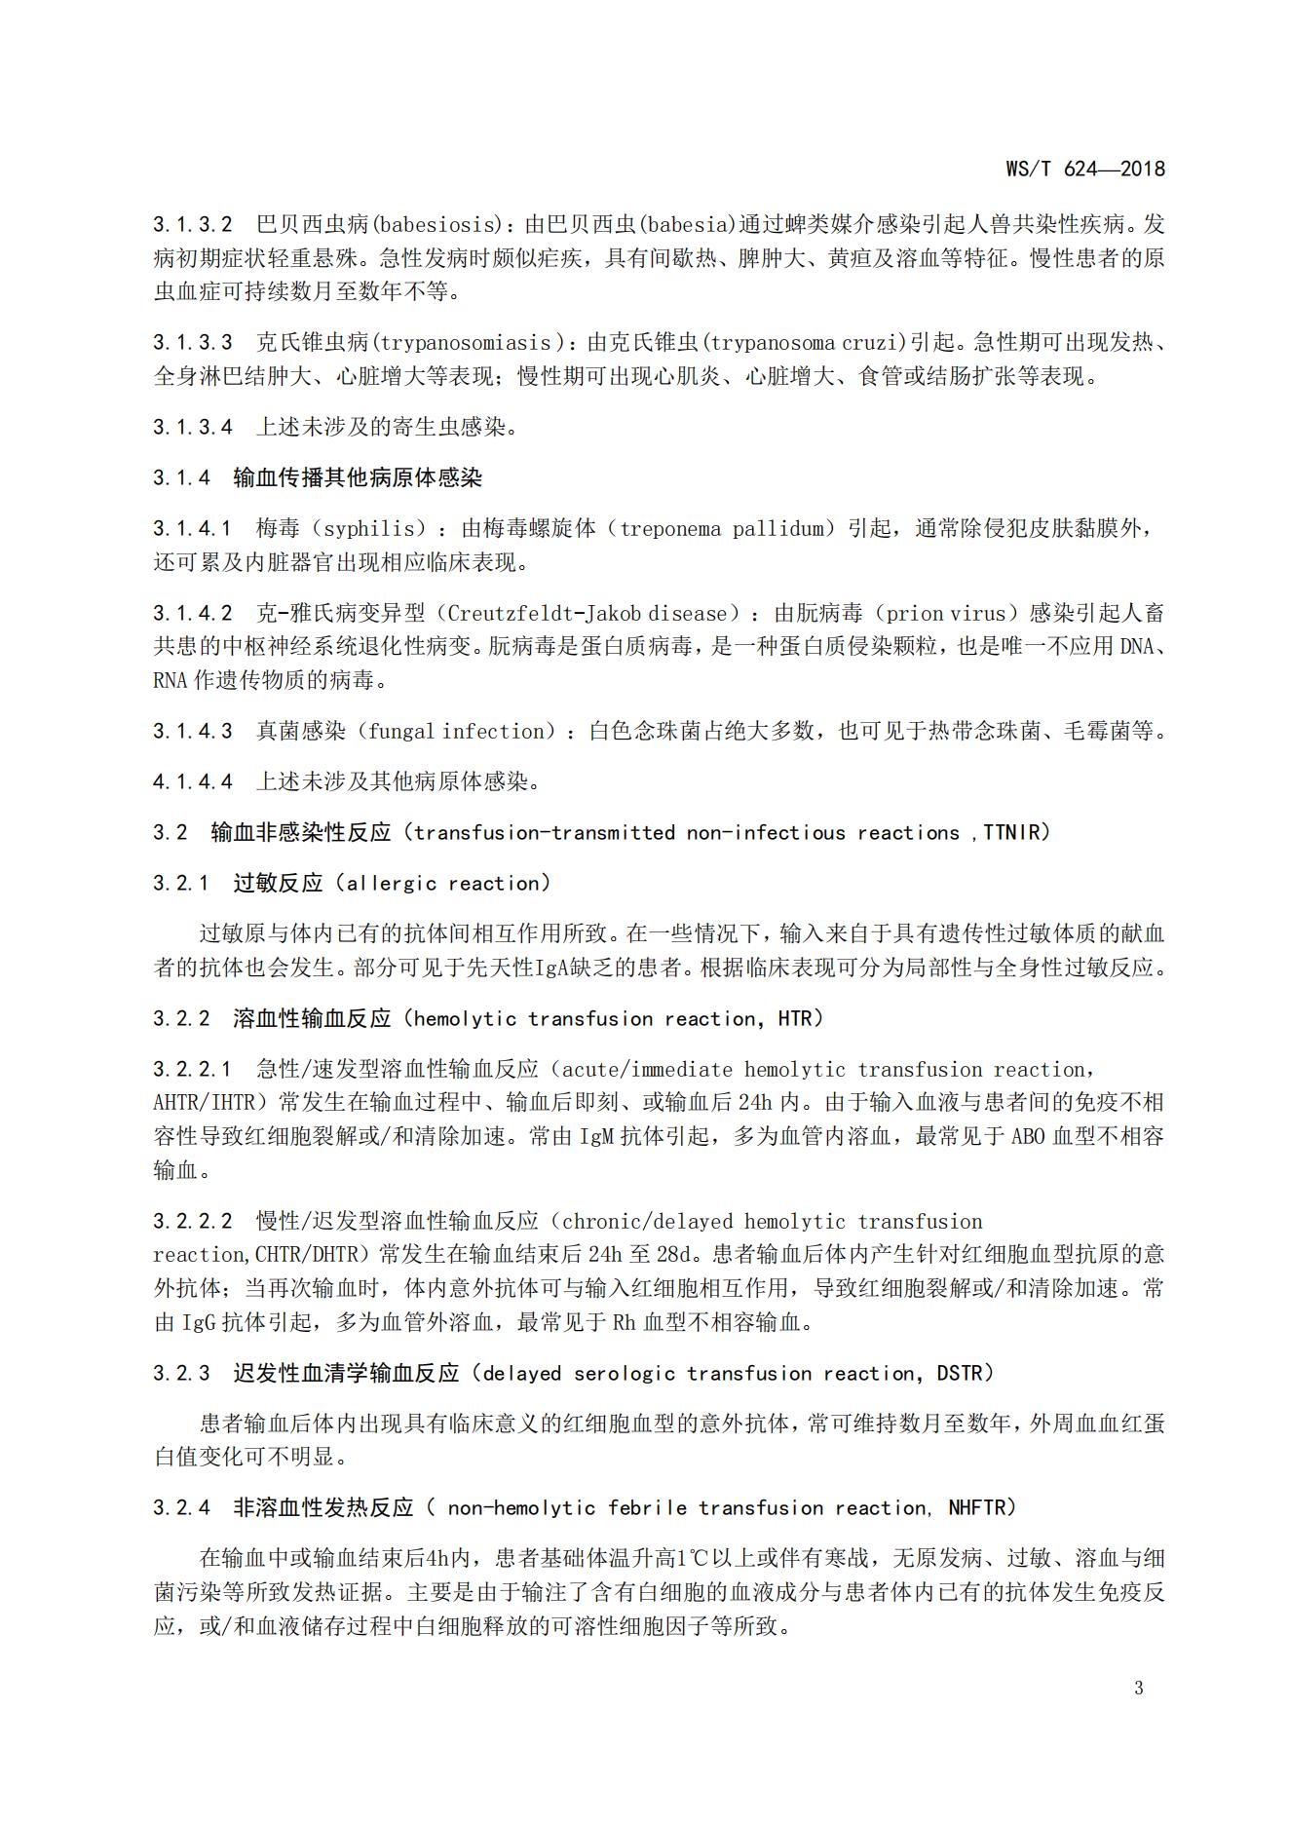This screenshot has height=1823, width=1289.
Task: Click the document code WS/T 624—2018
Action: pyautogui.click(x=1085, y=169)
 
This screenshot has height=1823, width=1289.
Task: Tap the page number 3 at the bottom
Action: pyautogui.click(x=1139, y=1689)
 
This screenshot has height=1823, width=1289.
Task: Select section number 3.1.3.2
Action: pyautogui.click(x=193, y=225)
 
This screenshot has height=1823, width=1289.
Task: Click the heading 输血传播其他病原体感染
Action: pyautogui.click(x=358, y=477)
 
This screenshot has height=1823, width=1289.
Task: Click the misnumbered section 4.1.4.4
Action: pyautogui.click(x=193, y=782)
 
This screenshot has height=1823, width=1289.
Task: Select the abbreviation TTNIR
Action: pyautogui.click(x=1014, y=833)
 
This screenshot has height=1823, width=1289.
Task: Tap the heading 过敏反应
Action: pyautogui.click(x=278, y=884)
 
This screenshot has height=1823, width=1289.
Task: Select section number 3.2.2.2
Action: pyautogui.click(x=193, y=1222)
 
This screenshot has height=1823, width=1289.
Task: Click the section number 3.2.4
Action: pyautogui.click(x=181, y=1508)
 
